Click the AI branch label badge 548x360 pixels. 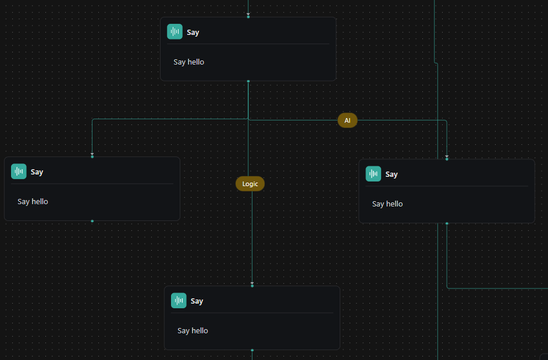pyautogui.click(x=347, y=120)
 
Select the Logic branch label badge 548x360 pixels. pyautogui.click(x=250, y=184)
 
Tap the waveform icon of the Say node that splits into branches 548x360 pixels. pyautogui.click(x=175, y=31)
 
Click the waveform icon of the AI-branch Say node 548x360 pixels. pyautogui.click(x=373, y=174)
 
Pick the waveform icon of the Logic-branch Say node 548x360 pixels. pyautogui.click(x=179, y=301)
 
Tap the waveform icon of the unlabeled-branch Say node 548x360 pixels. pyautogui.click(x=19, y=171)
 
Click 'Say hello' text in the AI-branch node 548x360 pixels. pyautogui.click(x=387, y=204)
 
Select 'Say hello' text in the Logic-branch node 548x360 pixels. pyautogui.click(x=193, y=331)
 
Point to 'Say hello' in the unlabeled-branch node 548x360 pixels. pyautogui.click(x=33, y=201)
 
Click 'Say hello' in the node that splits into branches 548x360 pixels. pyautogui.click(x=188, y=62)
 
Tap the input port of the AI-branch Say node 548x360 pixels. pyautogui.click(x=447, y=159)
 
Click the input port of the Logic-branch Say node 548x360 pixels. pyautogui.click(x=252, y=286)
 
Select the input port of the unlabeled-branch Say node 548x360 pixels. pyautogui.click(x=92, y=156)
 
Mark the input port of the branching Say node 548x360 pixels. pyautogui.click(x=248, y=17)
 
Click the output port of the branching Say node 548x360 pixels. pyautogui.click(x=248, y=81)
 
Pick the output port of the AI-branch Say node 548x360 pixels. pyautogui.click(x=447, y=223)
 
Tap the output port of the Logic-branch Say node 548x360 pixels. pyautogui.click(x=252, y=350)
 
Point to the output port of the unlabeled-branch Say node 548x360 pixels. pyautogui.click(x=92, y=221)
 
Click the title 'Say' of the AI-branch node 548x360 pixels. pyautogui.click(x=392, y=174)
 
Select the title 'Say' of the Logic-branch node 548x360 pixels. pyautogui.click(x=197, y=301)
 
